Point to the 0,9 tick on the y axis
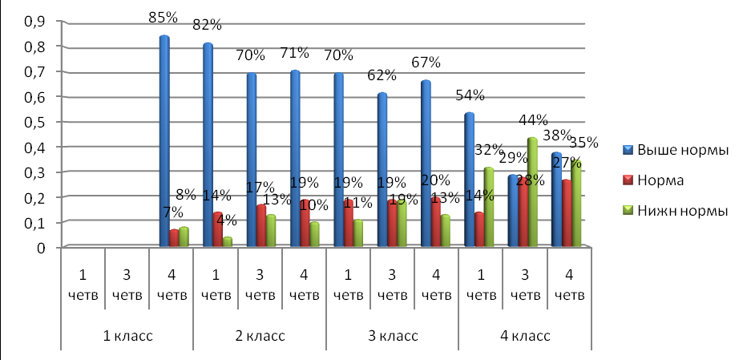pos(34,22)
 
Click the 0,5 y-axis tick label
pos(34,122)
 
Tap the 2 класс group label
pos(258,335)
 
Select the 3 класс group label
pos(391,335)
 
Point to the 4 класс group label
pos(524,335)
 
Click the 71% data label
pos(295,54)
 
